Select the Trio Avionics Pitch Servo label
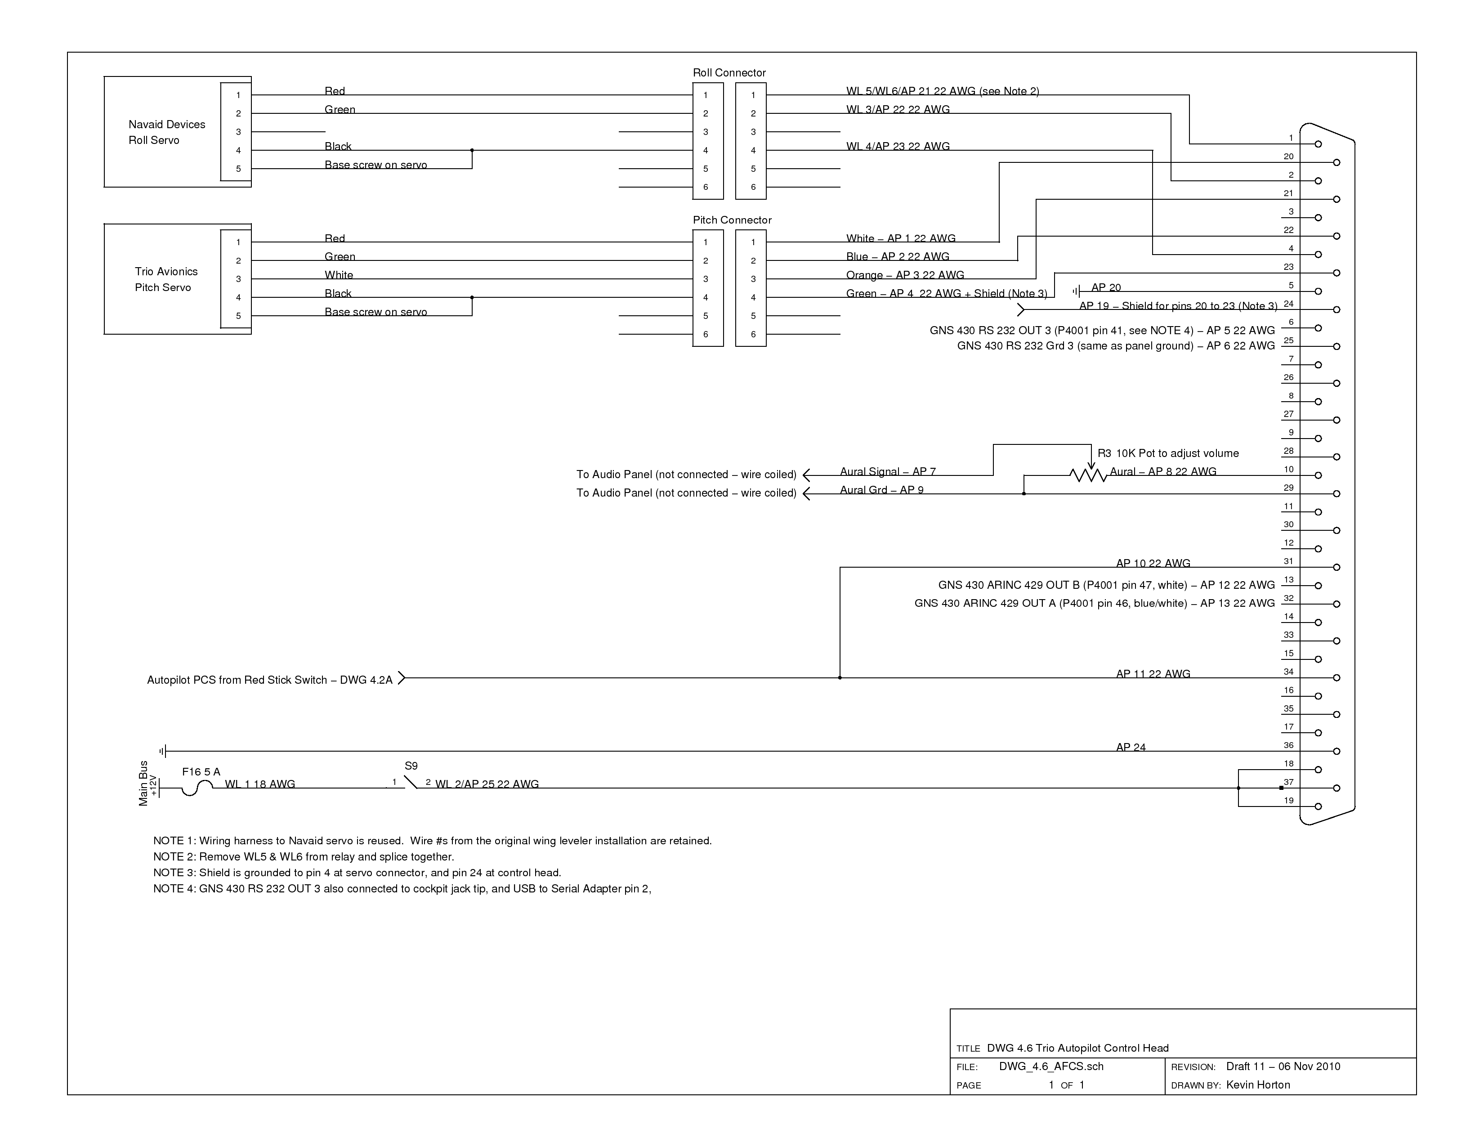[x=166, y=279]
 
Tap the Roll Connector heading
[x=729, y=73]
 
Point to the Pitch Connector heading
[x=732, y=220]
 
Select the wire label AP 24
[x=1131, y=748]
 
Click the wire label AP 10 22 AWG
[x=1153, y=563]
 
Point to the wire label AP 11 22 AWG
[x=1153, y=674]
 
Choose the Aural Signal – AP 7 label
[x=887, y=471]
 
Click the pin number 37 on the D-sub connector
[x=1288, y=782]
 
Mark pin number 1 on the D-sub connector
[x=1291, y=138]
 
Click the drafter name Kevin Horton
[x=1258, y=1085]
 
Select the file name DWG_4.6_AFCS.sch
[x=1051, y=1067]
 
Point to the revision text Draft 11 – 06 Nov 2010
[x=1283, y=1067]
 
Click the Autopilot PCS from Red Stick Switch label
[x=270, y=680]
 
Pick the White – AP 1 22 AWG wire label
[x=900, y=238]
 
